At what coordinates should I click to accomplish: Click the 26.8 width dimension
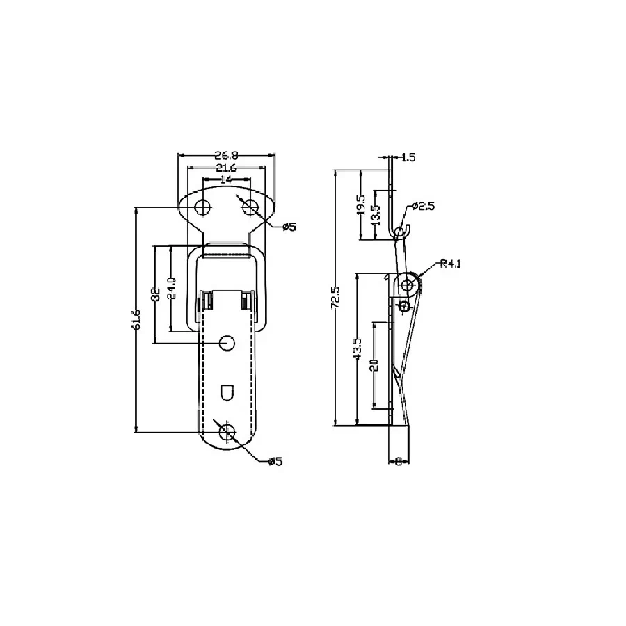[226, 155]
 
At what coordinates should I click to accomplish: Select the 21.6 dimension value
[226, 168]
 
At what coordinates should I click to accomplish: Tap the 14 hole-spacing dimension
[226, 179]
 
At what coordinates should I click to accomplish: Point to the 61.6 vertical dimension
[136, 319]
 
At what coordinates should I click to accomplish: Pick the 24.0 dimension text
[171, 288]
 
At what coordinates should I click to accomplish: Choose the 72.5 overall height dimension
[335, 297]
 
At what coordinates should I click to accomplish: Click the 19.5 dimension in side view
[361, 204]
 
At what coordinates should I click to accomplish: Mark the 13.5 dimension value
[376, 215]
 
